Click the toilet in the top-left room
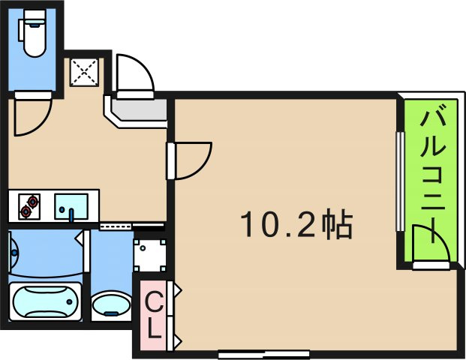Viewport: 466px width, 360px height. tap(34, 37)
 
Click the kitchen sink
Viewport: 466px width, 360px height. tap(71, 205)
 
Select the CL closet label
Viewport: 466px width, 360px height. tap(153, 315)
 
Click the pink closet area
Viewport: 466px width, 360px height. tap(153, 316)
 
